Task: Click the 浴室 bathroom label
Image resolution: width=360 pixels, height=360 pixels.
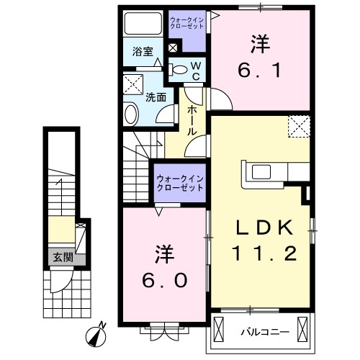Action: (143, 51)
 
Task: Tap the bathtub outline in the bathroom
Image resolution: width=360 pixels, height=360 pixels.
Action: (143, 24)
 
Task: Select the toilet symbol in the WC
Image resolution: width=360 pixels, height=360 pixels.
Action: (178, 70)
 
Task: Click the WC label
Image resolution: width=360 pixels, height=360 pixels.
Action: (196, 71)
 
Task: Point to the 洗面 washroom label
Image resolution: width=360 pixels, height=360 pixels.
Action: (156, 97)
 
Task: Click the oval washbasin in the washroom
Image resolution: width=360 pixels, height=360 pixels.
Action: (131, 114)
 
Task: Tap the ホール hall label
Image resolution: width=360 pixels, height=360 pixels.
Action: (192, 120)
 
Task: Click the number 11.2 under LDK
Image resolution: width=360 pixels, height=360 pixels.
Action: (264, 253)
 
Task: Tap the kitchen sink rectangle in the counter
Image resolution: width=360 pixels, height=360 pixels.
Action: (261, 172)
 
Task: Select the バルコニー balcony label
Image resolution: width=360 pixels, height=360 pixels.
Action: (266, 333)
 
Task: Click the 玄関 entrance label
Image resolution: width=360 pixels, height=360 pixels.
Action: (63, 258)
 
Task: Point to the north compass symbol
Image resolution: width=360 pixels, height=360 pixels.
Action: (96, 334)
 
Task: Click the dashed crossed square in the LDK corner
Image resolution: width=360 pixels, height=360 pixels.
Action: (299, 126)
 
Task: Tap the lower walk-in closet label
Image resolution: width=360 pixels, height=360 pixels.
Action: (180, 183)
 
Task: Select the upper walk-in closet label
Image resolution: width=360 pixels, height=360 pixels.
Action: (187, 23)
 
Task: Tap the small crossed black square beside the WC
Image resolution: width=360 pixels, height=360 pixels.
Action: (173, 48)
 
